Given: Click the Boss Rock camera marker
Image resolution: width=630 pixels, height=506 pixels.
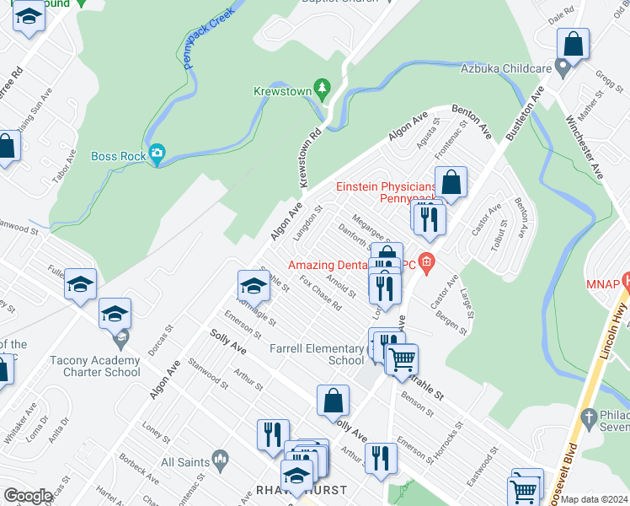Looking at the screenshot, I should (x=157, y=154).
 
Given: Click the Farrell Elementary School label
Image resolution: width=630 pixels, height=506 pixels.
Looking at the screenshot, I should (x=316, y=354).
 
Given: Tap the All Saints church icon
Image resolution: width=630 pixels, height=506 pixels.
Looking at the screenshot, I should (x=221, y=461).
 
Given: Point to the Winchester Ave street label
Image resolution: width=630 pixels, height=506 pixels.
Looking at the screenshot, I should (x=587, y=148).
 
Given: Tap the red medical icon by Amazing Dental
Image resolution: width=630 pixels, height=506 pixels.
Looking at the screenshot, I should (x=427, y=263).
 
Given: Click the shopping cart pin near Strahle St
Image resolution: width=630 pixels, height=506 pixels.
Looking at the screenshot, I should (x=402, y=359).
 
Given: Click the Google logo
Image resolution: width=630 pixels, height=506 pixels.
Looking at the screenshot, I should (x=29, y=496).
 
